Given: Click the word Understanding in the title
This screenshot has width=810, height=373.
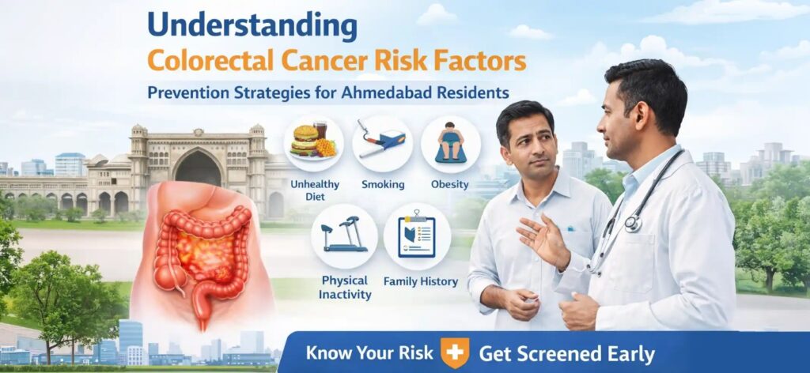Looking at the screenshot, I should (x=252, y=25).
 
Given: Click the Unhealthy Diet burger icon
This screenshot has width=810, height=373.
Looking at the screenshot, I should (x=312, y=143).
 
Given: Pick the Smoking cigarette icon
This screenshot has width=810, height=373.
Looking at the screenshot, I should (x=382, y=143).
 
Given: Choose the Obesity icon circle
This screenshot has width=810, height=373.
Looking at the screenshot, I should (x=450, y=143).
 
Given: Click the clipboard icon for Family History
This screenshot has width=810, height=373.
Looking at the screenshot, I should (x=416, y=236).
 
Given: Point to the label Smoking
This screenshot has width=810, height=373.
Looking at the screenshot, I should (x=382, y=184).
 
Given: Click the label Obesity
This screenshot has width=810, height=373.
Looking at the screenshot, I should (x=450, y=184).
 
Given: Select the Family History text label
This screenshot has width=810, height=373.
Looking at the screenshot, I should (x=416, y=281).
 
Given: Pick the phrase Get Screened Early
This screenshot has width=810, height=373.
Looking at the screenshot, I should (x=566, y=352).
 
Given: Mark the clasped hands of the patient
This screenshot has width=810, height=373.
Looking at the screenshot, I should (x=518, y=301).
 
